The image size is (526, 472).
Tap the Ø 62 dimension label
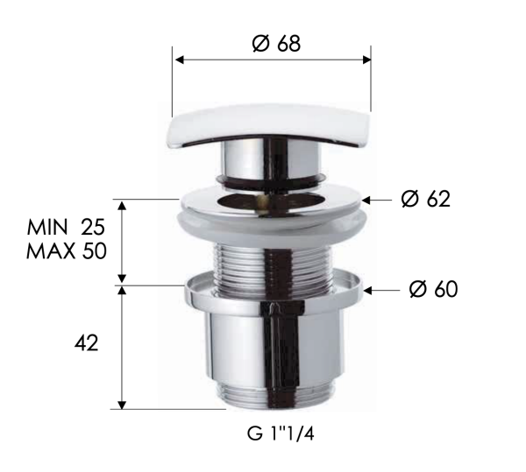[x=425, y=199]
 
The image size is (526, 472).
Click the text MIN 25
[x=67, y=227]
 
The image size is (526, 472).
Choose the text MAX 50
[x=67, y=250]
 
